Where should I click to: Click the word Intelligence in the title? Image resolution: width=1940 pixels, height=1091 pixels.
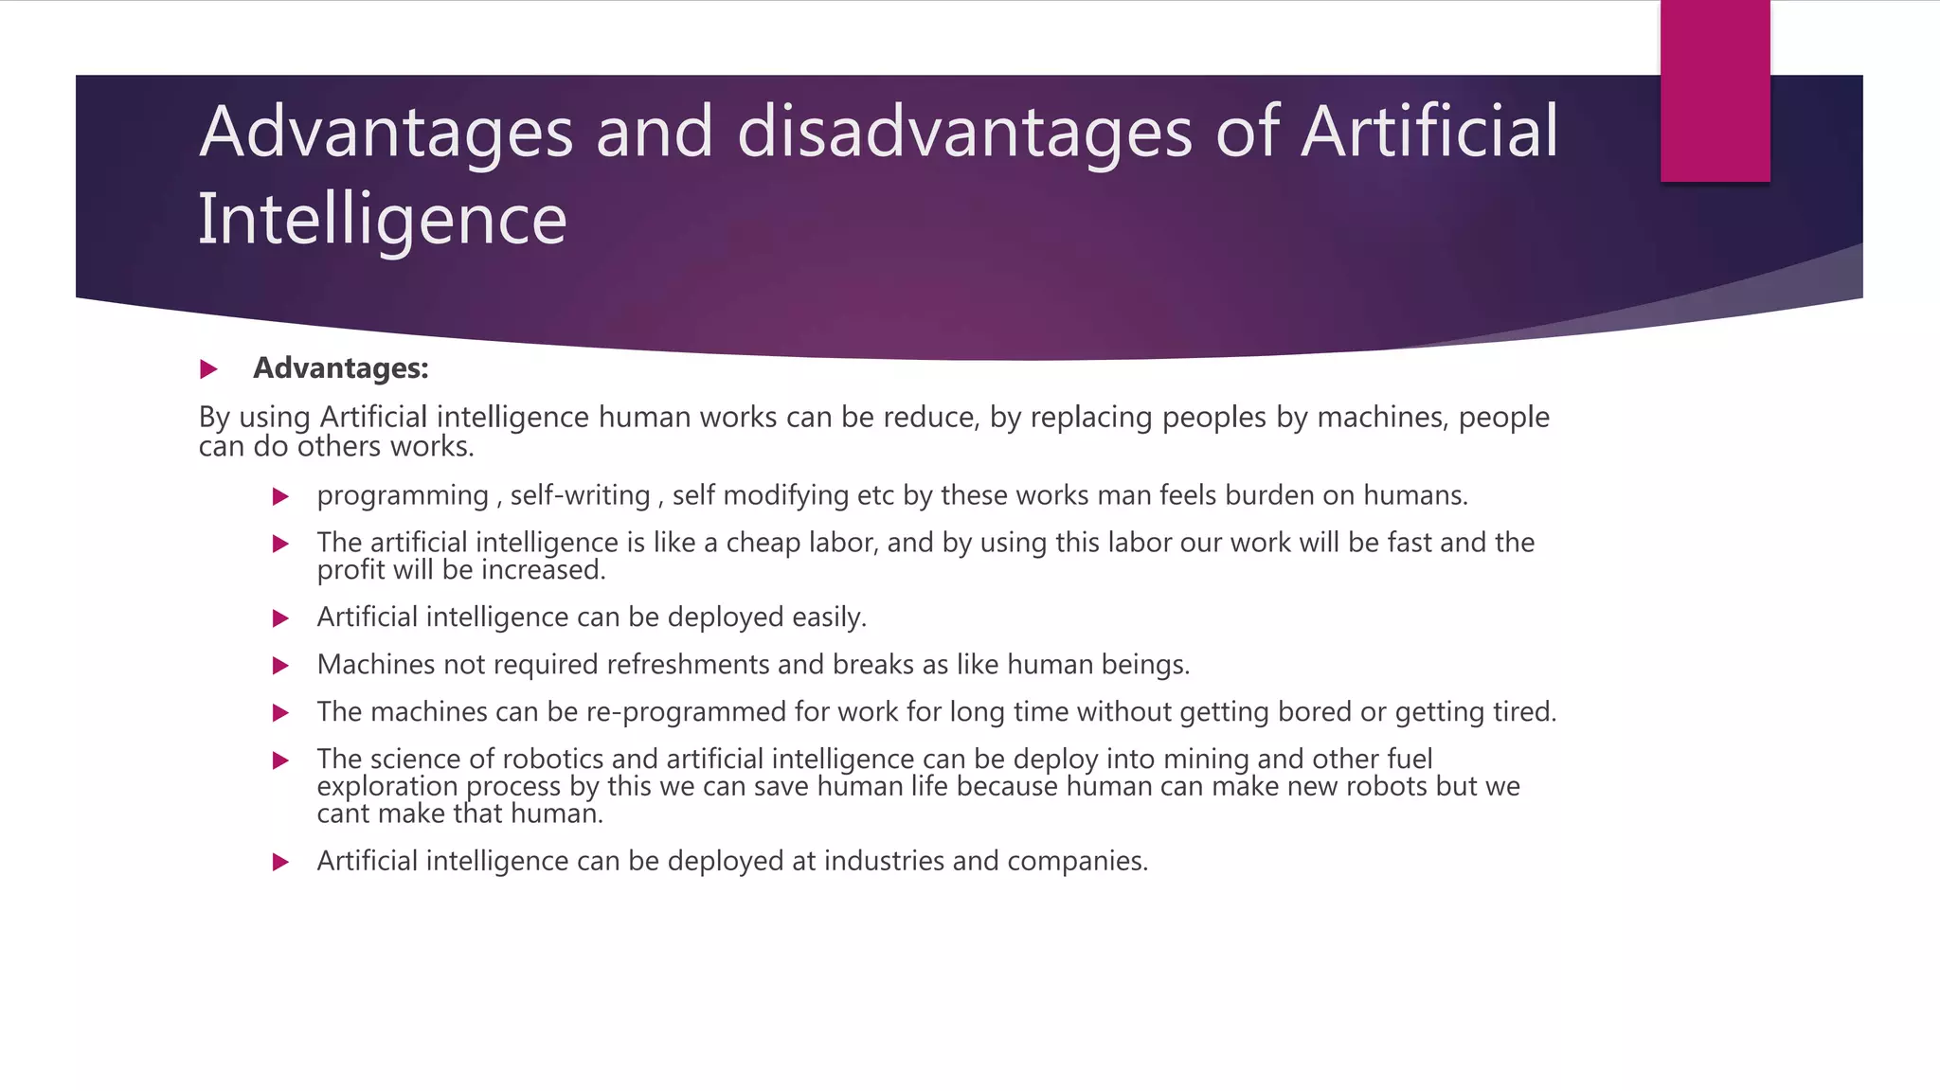[382, 220]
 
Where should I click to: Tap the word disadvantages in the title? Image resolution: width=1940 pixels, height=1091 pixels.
[964, 132]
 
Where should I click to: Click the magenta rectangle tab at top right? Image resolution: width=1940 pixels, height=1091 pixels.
[1715, 91]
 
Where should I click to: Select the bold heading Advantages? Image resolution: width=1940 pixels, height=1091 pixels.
[341, 368]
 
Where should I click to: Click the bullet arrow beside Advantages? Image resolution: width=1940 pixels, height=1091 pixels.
[209, 369]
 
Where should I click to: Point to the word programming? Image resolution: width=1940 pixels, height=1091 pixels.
[403, 496]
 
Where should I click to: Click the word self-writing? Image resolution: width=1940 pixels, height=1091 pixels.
[580, 495]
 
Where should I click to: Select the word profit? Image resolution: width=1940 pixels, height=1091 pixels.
[350, 570]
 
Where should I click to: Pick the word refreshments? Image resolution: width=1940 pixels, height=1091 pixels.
[687, 665]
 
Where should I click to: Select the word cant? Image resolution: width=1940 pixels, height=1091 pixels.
[343, 814]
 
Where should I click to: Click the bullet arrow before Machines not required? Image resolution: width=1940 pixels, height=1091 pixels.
[280, 666]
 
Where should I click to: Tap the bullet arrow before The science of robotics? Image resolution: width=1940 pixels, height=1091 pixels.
[280, 760]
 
